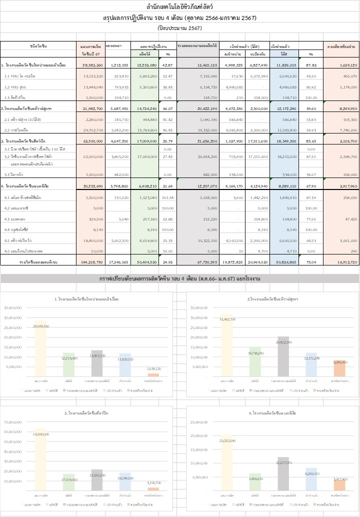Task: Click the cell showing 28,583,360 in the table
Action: click(92, 65)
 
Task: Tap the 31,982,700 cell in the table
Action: click(92, 108)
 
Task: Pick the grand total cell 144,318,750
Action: click(91, 261)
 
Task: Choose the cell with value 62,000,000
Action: click(92, 156)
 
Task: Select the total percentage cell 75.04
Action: click(310, 261)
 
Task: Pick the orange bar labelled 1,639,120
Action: click(154, 374)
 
